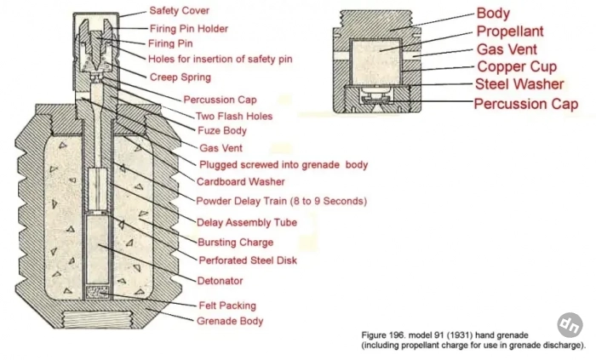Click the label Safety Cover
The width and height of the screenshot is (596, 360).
point(179,10)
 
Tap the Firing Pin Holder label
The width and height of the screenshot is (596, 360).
point(188,28)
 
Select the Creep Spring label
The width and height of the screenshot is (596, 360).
point(181,77)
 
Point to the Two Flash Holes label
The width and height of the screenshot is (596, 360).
point(234,116)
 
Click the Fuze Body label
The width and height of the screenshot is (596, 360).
point(222,130)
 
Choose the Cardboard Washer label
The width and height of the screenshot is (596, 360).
point(241,181)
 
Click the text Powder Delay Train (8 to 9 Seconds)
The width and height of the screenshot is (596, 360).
point(282,201)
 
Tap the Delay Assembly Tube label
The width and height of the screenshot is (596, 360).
point(247,222)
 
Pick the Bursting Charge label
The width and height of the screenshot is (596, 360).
point(235,243)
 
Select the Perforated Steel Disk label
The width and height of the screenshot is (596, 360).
point(248,260)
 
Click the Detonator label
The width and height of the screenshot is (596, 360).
point(220,281)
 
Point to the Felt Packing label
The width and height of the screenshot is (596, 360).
point(227,306)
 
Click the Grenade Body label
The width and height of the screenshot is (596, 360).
point(230,321)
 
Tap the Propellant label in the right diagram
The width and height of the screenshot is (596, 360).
point(510,31)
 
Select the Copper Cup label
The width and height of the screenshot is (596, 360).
point(517,66)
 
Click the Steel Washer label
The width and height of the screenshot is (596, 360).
point(519,84)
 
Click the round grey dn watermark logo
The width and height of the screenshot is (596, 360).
point(570,325)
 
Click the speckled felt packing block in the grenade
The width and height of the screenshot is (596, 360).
point(98,293)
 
